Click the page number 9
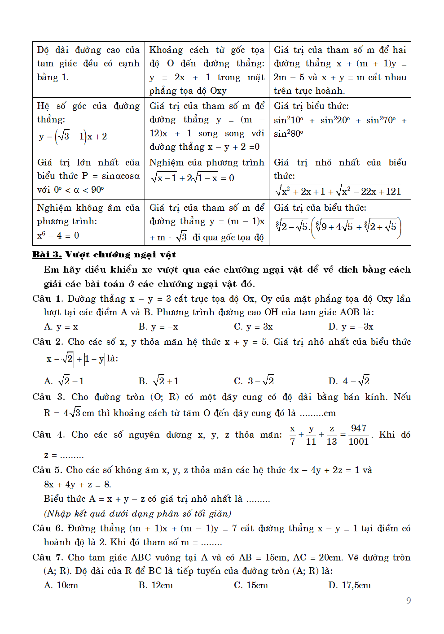408,600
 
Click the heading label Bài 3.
47,255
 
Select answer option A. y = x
61,326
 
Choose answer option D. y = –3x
351,326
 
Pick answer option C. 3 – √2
254,381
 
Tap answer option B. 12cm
155,585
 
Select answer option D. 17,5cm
349,585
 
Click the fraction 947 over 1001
358,435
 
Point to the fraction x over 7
292,435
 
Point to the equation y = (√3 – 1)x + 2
73,136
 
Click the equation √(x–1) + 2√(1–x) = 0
193,178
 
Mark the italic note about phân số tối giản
137,513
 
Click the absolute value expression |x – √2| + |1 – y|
75,359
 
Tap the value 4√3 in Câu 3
72,413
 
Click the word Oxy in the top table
218,91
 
